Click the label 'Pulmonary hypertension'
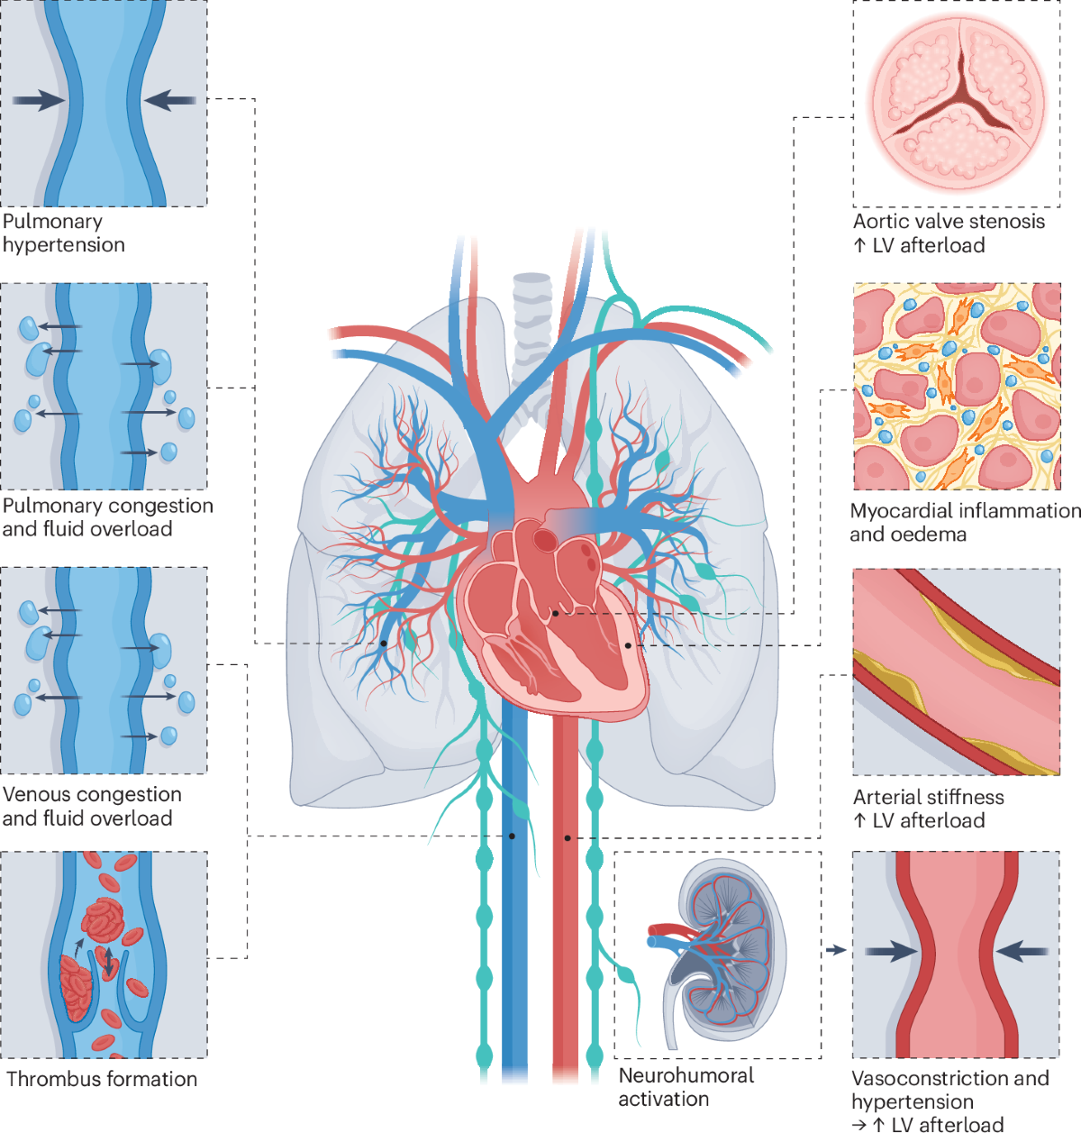pos(63,233)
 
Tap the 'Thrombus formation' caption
pos(102,1079)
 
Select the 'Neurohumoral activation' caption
pos(686,1087)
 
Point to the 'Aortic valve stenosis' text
pos(949,222)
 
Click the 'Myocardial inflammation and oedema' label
pos(964,522)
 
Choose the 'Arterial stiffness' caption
pos(928,797)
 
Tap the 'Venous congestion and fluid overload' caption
pos(91,806)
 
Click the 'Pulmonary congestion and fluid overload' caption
pos(107,517)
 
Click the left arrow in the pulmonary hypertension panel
pos(40,100)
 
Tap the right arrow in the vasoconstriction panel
pos(1022,950)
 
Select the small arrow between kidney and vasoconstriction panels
pos(837,949)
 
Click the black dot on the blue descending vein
pos(512,836)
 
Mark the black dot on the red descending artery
pos(568,838)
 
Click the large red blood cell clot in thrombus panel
pos(103,919)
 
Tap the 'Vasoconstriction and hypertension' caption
pos(949,1090)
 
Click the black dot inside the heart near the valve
pos(556,614)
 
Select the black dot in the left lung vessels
pos(384,644)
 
